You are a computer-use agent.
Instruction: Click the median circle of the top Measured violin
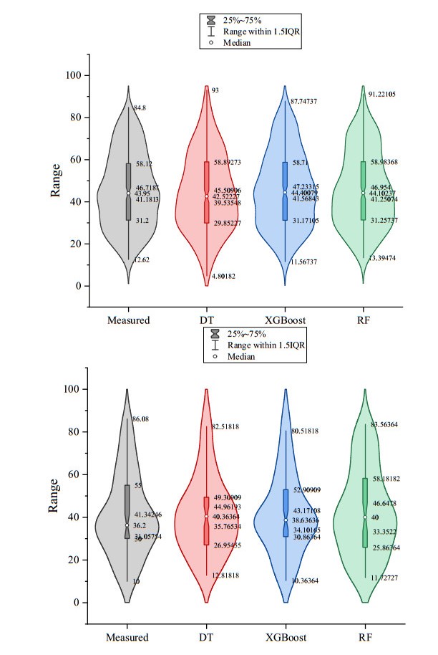pos(129,193)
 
